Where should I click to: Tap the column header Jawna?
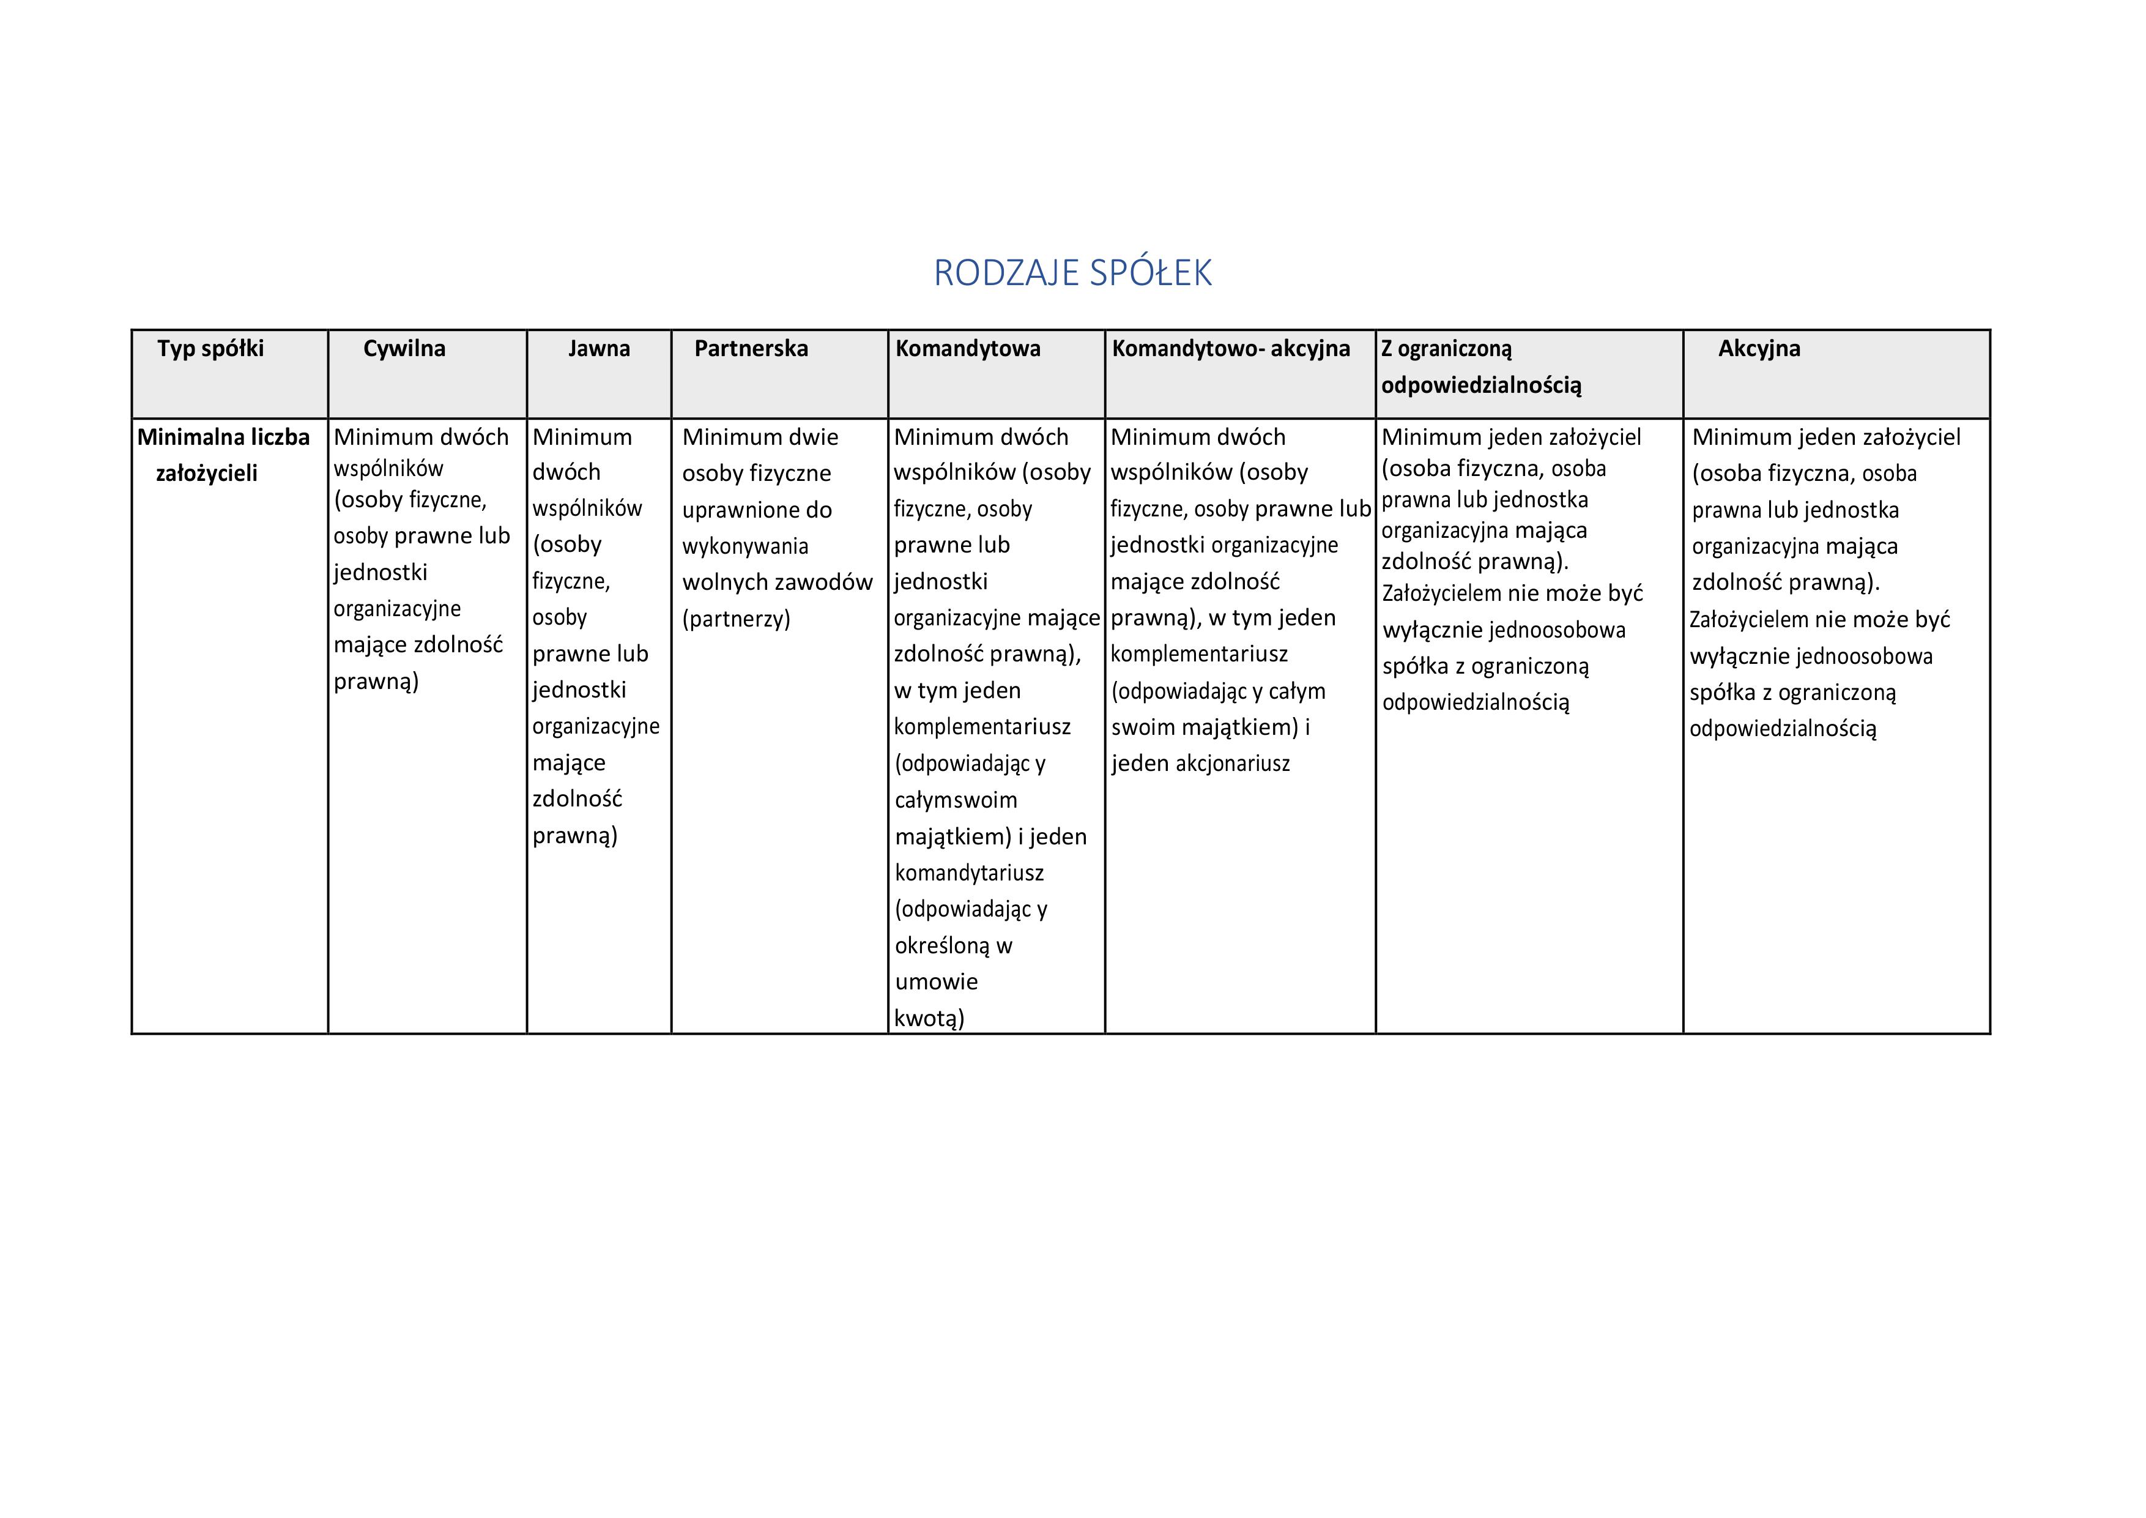598,349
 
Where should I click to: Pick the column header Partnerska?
751,349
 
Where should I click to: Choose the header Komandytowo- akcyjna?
1230,349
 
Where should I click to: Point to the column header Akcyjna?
1758,349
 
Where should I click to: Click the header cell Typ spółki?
210,349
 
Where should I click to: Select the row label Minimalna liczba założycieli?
223,454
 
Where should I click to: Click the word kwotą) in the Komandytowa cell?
929,1018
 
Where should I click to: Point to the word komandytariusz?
969,873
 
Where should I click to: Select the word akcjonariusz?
1232,764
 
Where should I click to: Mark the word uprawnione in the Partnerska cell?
730,510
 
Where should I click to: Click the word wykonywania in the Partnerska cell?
745,546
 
